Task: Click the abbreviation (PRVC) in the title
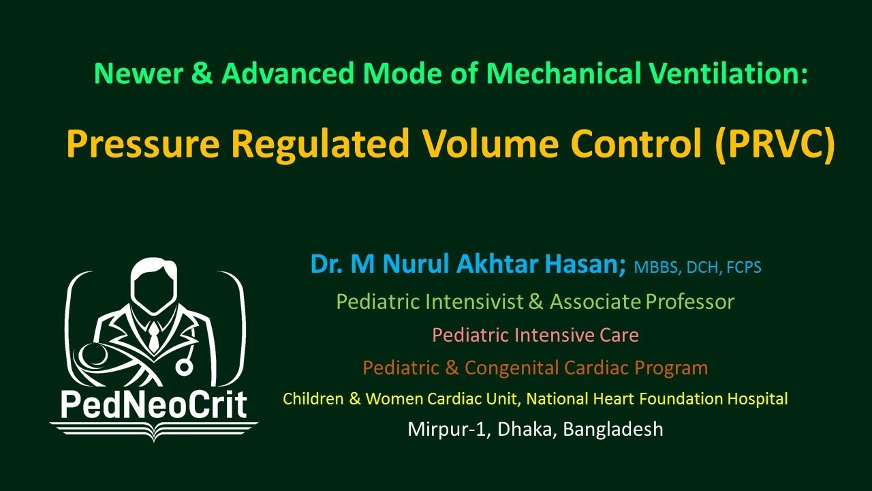pyautogui.click(x=775, y=144)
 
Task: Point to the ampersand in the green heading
pyautogui.click(x=201, y=74)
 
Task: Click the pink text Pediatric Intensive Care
pyautogui.click(x=535, y=335)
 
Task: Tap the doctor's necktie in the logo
pyautogui.click(x=155, y=336)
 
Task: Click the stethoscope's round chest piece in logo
pyautogui.click(x=185, y=366)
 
